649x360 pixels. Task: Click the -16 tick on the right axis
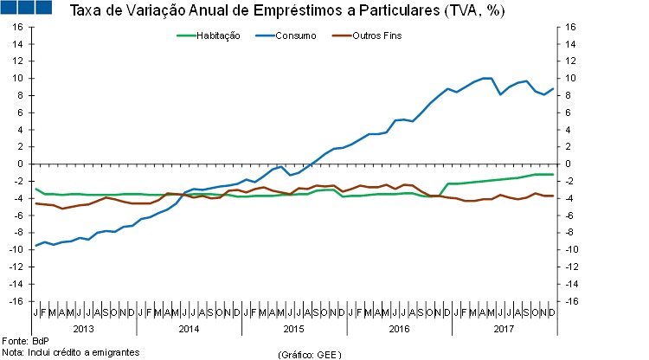coord(571,301)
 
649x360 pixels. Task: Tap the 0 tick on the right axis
coord(568,164)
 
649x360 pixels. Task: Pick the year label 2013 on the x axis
coord(84,329)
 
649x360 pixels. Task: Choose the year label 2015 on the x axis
coord(293,329)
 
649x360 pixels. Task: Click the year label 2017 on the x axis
coord(503,329)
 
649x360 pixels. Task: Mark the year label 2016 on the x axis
coord(398,329)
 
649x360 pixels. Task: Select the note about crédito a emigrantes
coord(71,352)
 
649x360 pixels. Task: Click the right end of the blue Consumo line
coord(553,88)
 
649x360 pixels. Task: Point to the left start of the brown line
coord(35,203)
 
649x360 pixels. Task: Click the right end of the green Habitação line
coord(553,174)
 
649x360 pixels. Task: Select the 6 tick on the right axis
coord(568,112)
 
